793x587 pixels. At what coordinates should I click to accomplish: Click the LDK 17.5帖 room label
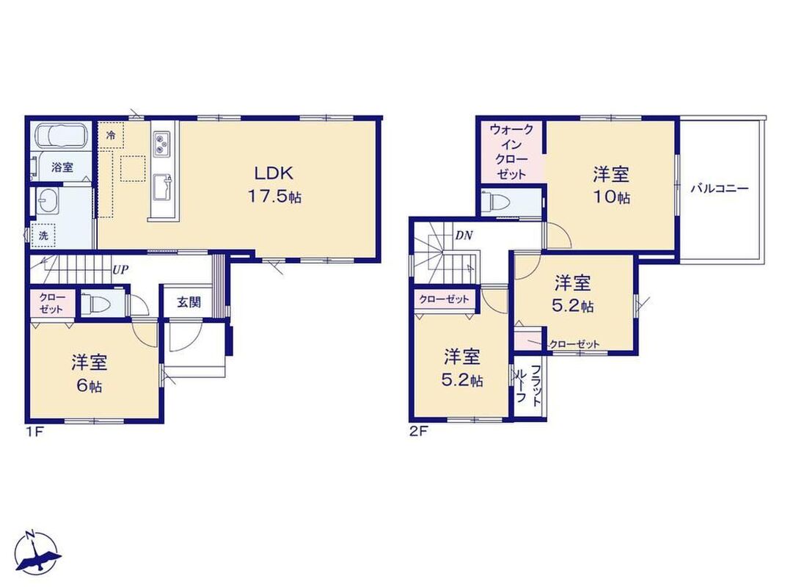tap(274, 185)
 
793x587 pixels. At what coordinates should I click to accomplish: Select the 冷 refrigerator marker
tap(111, 135)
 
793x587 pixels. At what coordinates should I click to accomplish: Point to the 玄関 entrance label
tap(189, 302)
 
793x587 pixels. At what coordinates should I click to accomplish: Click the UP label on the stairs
tap(120, 270)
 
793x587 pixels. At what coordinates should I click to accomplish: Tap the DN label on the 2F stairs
tap(464, 235)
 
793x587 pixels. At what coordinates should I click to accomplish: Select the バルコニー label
tap(720, 189)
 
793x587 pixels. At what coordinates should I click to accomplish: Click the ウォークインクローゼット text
tap(511, 152)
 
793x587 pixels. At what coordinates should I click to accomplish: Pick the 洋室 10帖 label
tap(612, 185)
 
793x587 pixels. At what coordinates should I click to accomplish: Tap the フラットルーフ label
tap(528, 384)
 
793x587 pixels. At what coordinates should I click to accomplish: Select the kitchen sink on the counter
tap(162, 187)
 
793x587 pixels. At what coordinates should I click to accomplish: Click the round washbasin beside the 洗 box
tap(48, 203)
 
